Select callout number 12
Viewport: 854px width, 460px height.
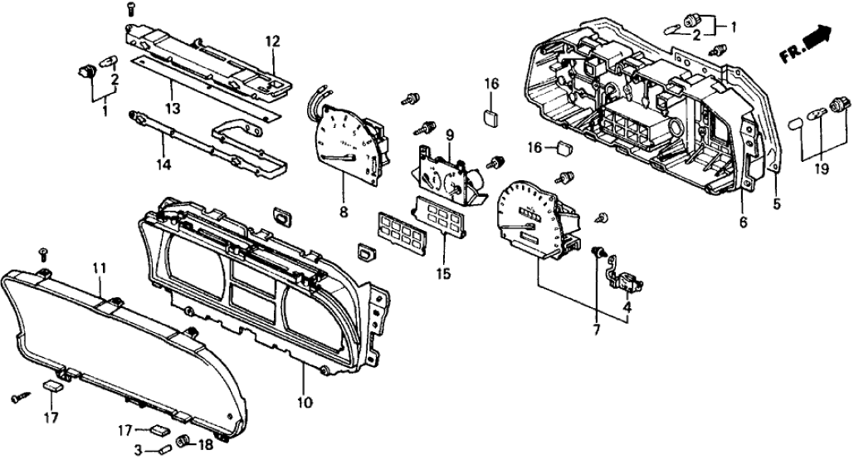(273, 41)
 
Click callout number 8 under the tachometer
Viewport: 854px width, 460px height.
(344, 212)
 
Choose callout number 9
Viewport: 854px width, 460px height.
(450, 135)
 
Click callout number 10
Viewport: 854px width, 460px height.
(305, 403)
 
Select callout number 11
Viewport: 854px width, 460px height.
(99, 267)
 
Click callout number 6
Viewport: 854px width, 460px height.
(743, 223)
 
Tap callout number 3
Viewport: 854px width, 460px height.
(139, 449)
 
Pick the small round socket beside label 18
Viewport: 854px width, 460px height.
(183, 440)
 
